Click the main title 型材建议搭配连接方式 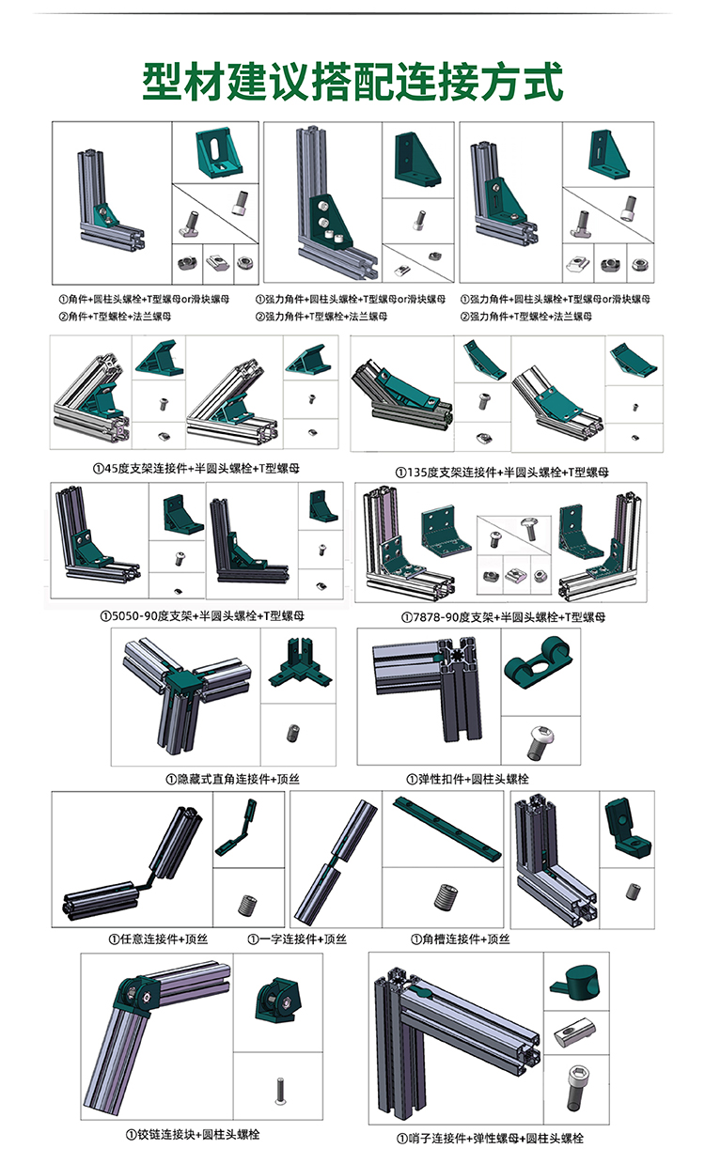(352, 83)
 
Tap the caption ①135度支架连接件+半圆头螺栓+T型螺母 (502, 471)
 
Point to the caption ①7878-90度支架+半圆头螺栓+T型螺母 (503, 616)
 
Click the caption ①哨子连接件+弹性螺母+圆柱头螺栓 (490, 1138)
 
